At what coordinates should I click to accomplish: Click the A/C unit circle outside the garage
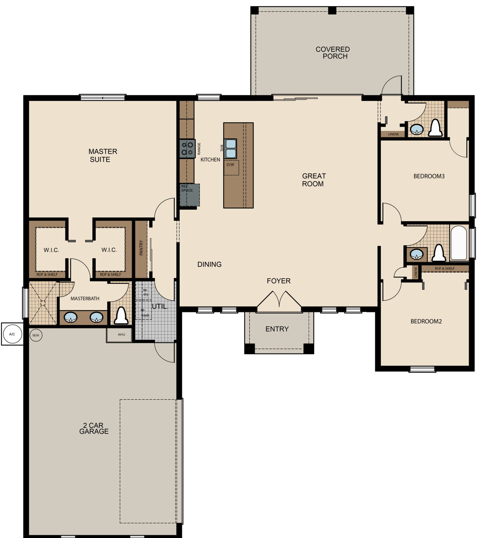coord(12,334)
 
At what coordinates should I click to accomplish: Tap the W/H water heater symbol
coord(36,336)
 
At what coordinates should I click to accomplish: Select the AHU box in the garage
coord(119,335)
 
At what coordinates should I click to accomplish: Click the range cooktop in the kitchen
coord(187,149)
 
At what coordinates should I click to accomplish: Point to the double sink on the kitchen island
coord(230,149)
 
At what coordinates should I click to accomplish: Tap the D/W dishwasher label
coord(230,165)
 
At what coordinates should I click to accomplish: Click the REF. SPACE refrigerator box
coord(190,195)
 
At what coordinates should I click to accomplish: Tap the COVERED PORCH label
coord(333,53)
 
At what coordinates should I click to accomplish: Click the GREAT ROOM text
coord(314,180)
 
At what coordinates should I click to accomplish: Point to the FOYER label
coord(279,281)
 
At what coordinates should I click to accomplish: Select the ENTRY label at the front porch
coord(277,329)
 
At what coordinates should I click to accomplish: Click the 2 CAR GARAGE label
coord(94,428)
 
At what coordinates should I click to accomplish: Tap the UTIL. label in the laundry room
coord(160,306)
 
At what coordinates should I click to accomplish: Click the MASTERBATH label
coord(85,298)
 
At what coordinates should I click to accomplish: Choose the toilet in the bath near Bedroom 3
coord(435,128)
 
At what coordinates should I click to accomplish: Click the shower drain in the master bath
coord(43,303)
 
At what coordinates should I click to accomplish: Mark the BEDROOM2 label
coord(426,321)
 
